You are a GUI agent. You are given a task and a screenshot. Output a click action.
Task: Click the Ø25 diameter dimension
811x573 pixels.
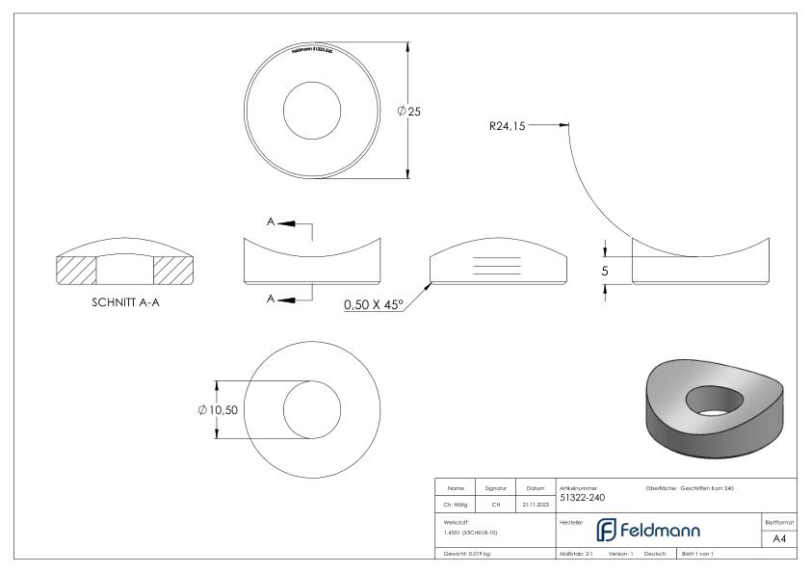(x=409, y=112)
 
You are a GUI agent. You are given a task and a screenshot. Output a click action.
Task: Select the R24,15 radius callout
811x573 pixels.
(x=507, y=125)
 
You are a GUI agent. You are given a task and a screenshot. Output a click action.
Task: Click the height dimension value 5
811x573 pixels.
(x=605, y=272)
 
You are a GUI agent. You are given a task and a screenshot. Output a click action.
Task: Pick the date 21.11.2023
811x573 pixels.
(x=536, y=503)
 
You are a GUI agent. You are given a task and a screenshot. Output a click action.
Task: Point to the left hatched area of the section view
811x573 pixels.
(x=77, y=271)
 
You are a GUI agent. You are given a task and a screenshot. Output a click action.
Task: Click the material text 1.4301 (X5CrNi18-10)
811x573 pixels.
(x=472, y=532)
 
